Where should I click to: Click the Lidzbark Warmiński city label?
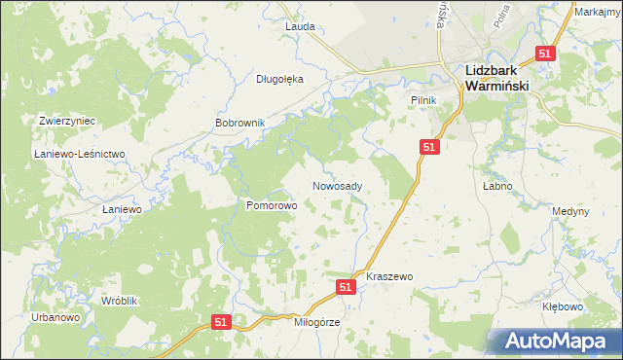496,78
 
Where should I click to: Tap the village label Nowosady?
338,186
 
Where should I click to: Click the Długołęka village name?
280,80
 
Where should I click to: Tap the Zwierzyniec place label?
67,121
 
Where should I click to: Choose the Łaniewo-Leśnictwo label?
80,155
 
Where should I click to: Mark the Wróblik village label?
120,302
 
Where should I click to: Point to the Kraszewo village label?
389,277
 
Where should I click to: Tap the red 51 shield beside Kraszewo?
346,287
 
